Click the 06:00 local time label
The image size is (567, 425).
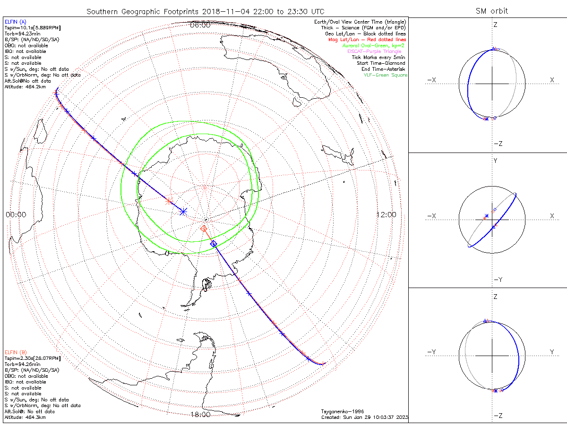pyautogui.click(x=200, y=25)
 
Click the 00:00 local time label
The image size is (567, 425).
pyautogui.click(x=16, y=214)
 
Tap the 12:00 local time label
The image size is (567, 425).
pyautogui.click(x=386, y=214)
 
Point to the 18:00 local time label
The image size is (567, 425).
pyautogui.click(x=200, y=415)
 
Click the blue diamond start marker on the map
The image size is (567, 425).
pyautogui.click(x=214, y=244)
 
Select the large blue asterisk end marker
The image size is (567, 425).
pyautogui.click(x=183, y=212)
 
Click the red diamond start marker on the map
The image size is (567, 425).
pyautogui.click(x=204, y=228)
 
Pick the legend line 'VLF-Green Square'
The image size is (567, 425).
pyautogui.click(x=385, y=75)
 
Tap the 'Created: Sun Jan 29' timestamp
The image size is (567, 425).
pyautogui.click(x=364, y=417)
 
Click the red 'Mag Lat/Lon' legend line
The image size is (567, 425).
pyautogui.click(x=367, y=40)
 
